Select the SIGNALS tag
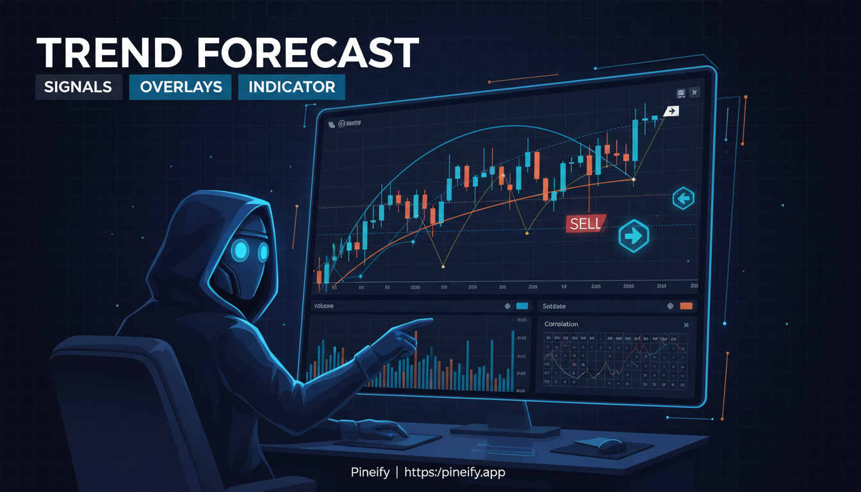point(78,87)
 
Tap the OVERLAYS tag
point(181,87)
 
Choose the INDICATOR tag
point(291,87)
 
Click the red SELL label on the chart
point(585,223)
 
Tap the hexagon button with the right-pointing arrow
point(634,236)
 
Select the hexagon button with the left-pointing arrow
point(683,199)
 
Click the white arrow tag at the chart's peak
point(671,111)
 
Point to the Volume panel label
point(325,306)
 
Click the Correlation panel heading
point(561,324)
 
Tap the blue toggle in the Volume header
point(521,306)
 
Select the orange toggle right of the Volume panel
point(686,306)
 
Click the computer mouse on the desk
point(612,447)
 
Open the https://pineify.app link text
point(454,473)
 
